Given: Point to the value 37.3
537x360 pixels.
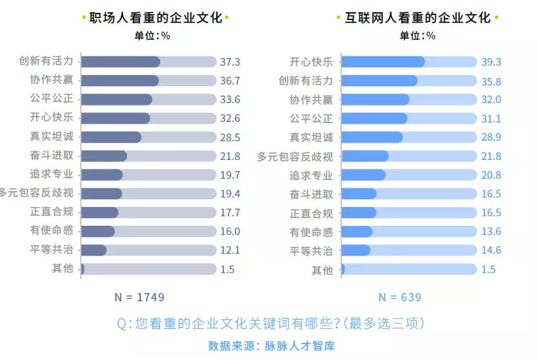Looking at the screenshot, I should point(230,62).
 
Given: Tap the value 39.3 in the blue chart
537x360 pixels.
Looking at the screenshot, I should point(491,62).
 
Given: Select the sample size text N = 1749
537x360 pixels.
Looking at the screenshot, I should point(139,297).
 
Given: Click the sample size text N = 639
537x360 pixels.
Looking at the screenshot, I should point(400,297).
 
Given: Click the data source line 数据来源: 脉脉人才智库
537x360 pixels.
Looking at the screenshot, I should point(272,346).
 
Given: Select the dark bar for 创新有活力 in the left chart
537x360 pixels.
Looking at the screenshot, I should point(121,62).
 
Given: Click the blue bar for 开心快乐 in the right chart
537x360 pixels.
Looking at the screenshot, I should point(383,62).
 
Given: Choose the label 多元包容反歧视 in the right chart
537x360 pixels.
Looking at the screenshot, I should point(295,156).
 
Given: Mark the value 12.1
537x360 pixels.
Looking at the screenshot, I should point(230,250).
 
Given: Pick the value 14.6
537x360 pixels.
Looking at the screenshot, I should point(491,250).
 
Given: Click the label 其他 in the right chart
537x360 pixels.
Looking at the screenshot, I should point(322,270).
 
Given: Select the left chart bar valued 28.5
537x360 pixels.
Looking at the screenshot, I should point(111,137).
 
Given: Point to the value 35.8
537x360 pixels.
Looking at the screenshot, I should point(491,81).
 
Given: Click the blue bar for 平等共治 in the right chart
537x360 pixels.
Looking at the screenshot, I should point(356,250).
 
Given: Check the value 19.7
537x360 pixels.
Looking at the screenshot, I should point(230,175).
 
